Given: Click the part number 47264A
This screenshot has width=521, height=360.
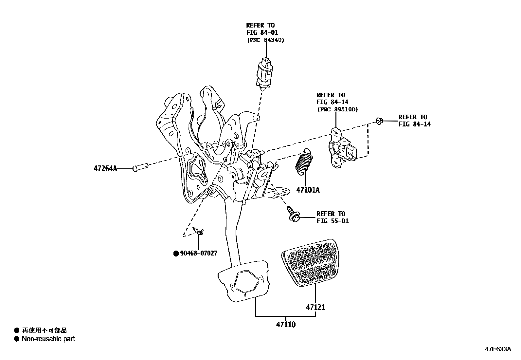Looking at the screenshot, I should point(105,169).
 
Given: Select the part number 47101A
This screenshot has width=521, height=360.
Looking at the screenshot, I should point(308,190).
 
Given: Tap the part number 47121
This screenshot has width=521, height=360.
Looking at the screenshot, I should point(316,307).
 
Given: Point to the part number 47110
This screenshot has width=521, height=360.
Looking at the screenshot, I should point(286,325).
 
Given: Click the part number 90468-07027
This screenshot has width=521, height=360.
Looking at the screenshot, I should point(198,253).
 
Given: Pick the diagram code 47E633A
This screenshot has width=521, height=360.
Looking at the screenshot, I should point(497,349).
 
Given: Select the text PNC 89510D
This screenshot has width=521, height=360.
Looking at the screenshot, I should point(337,110).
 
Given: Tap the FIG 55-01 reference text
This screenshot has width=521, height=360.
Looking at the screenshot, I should point(332,221).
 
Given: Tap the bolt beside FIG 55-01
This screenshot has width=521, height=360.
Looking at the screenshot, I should point(292,214).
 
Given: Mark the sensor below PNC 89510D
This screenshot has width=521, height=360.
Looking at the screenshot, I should point(340,149).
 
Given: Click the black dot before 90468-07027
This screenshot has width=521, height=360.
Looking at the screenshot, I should point(176,253).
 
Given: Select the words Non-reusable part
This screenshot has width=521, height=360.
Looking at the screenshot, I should point(48,339).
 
